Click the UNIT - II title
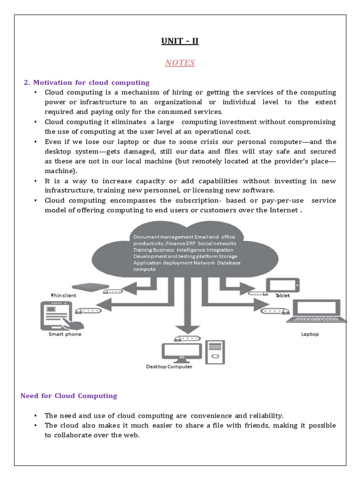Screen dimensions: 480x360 pyautogui.click(x=180, y=41)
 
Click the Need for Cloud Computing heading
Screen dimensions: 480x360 pyautogui.click(x=69, y=396)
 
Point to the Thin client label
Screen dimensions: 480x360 pyautogui.click(x=63, y=296)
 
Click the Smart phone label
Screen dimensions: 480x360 pyautogui.click(x=65, y=334)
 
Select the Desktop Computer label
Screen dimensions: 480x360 pyautogui.click(x=169, y=367)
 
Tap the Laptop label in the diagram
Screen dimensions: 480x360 pyautogui.click(x=310, y=334)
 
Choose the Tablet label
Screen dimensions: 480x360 pyautogui.click(x=283, y=296)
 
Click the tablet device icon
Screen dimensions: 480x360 pyautogui.click(x=283, y=285)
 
